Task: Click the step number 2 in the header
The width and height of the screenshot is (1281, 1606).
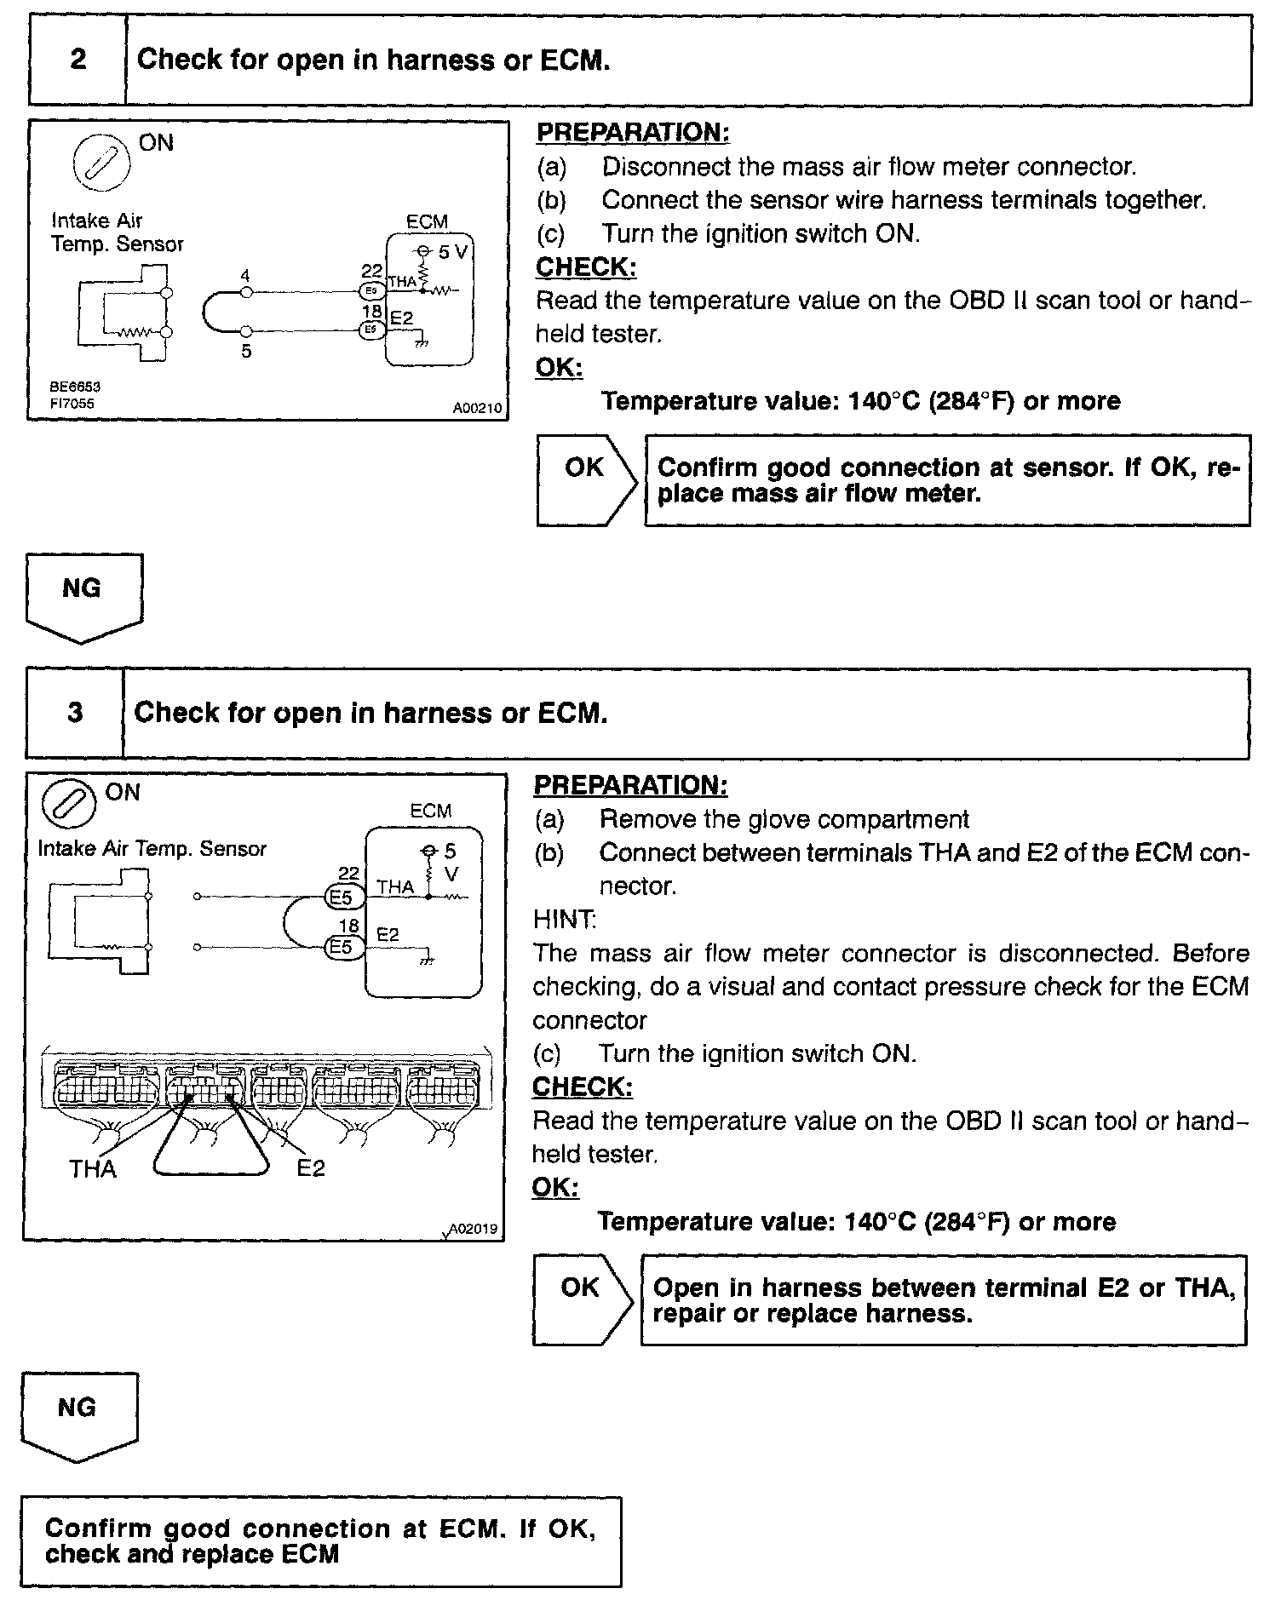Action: click(x=78, y=60)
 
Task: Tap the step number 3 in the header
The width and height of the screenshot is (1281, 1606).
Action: click(x=76, y=712)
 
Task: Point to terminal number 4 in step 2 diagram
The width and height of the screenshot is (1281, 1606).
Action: click(x=245, y=276)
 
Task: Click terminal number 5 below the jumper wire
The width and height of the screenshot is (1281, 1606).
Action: click(x=246, y=350)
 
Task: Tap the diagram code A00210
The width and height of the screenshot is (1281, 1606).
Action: click(x=477, y=409)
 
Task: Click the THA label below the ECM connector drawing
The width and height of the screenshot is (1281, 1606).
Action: click(x=93, y=1168)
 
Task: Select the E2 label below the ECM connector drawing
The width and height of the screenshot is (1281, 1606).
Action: click(x=311, y=1168)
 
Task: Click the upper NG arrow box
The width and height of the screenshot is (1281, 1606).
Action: click(x=83, y=594)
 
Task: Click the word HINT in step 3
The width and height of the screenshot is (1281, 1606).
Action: click(x=564, y=920)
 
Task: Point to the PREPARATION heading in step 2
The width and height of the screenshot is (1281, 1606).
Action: click(x=633, y=133)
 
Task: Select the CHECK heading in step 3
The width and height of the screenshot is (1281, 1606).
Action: click(x=583, y=1087)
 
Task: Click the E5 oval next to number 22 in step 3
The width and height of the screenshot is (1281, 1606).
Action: click(x=342, y=896)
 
